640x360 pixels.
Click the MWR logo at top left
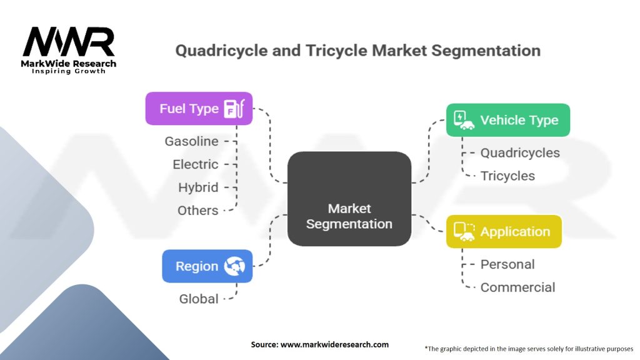tap(69, 42)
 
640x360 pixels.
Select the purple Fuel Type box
tap(199, 109)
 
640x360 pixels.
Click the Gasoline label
tap(192, 141)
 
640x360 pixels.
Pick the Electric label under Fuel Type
tap(196, 164)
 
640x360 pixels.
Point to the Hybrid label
tap(198, 187)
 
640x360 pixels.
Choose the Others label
tap(198, 211)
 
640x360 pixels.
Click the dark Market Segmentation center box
tap(349, 199)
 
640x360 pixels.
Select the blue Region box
tap(207, 266)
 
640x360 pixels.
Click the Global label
tap(199, 299)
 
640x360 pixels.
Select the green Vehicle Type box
tap(507, 120)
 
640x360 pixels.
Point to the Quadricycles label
tap(520, 152)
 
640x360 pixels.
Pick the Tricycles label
tap(507, 176)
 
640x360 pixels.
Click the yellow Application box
tap(504, 231)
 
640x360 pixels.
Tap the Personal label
tap(507, 264)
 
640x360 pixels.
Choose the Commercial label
tap(517, 287)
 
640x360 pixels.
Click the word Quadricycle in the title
tap(216, 50)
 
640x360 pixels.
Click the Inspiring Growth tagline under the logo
tap(69, 71)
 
